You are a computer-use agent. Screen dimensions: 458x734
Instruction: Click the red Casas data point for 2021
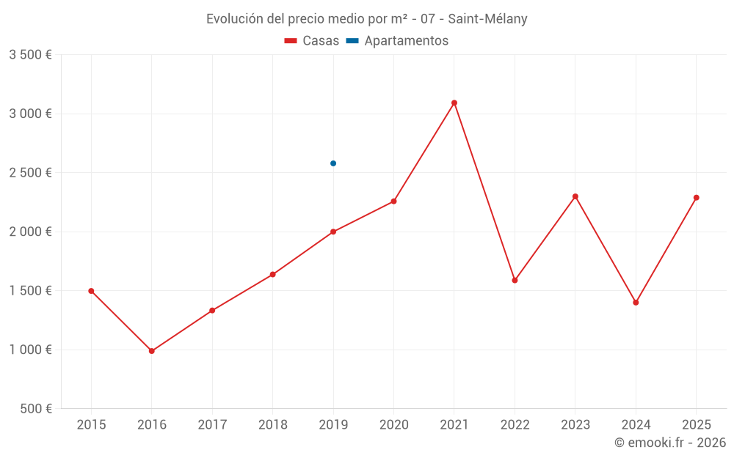454,103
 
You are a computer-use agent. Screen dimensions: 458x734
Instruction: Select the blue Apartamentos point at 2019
333,163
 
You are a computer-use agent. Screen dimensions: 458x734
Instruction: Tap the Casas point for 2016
152,351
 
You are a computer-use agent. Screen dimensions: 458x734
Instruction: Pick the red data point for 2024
636,303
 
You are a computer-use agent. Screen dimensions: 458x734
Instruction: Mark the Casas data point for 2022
515,280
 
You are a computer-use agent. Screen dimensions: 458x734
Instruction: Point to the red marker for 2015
91,291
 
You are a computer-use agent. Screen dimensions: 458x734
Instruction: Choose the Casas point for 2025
696,197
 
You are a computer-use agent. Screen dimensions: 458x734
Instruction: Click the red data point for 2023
575,196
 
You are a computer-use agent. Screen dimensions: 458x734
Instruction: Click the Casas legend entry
312,41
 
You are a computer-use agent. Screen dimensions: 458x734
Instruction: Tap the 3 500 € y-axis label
30,55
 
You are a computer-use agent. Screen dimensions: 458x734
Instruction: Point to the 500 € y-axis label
35,409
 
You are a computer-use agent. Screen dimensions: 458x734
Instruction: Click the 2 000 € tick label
30,232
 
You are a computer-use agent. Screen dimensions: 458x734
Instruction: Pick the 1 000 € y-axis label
30,350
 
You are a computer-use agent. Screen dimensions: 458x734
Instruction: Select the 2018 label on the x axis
272,425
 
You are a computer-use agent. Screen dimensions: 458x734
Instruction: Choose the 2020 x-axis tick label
393,425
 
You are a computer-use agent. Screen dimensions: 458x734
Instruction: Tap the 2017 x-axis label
212,425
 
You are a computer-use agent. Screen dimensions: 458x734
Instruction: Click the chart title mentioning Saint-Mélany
366,19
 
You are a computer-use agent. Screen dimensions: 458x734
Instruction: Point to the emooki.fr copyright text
670,443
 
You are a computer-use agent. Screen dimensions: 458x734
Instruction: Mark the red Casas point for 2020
393,201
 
